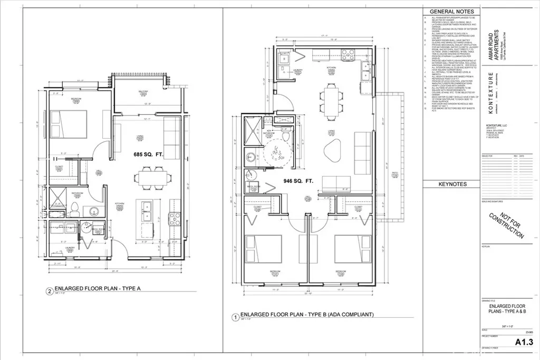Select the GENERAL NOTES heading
point(452,11)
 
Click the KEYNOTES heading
point(452,184)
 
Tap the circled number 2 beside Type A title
point(49,290)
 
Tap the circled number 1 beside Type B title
point(235,317)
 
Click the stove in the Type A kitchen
point(174,218)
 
